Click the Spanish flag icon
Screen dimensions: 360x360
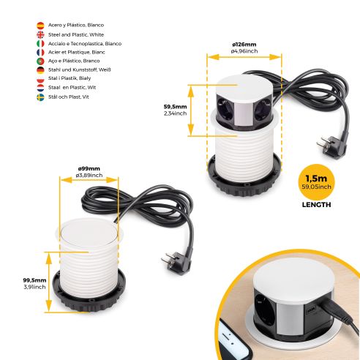coord(40,25)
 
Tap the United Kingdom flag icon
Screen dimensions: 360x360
coord(40,34)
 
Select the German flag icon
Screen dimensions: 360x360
coord(40,70)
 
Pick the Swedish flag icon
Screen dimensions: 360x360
coord(40,97)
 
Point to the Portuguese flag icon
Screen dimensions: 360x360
coord(40,61)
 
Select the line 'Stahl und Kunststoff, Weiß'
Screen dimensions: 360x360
coord(81,70)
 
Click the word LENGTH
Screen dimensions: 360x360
coord(316,205)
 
